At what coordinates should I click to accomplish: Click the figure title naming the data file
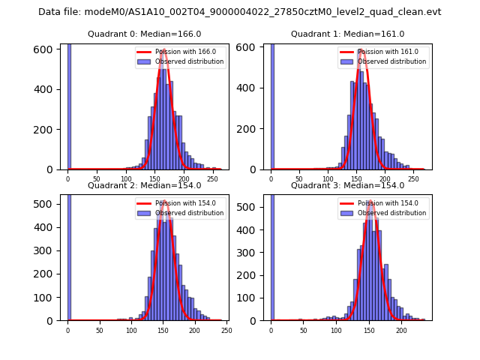pos(239,12)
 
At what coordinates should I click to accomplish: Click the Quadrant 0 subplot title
pos(145,34)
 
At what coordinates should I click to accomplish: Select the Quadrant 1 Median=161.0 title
pos(347,34)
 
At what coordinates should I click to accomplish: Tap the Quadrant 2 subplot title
pos(145,185)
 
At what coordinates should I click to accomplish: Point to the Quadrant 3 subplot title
pos(347,185)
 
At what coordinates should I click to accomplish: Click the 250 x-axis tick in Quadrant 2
pos(226,330)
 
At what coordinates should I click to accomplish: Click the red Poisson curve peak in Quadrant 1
pos(362,51)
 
